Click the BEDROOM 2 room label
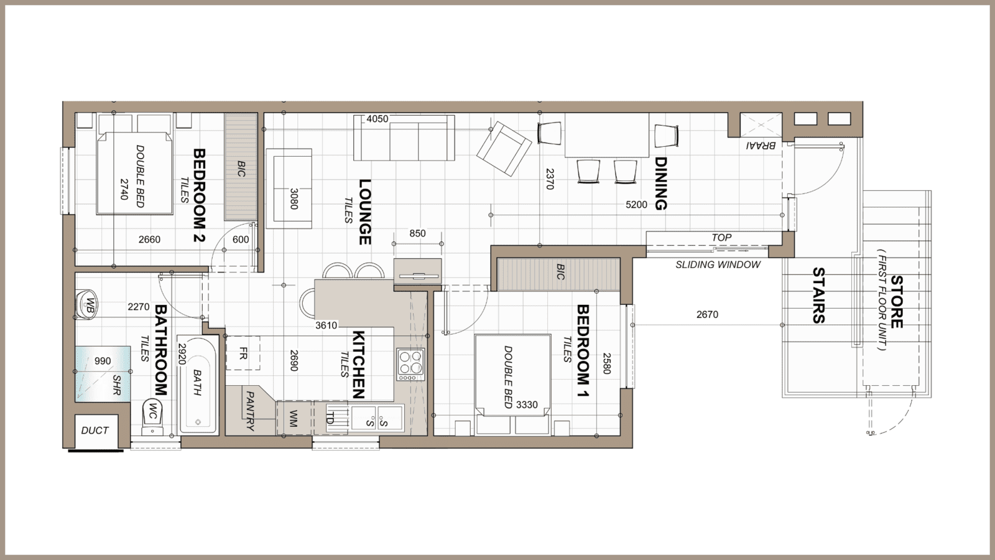(x=199, y=196)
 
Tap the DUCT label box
(x=95, y=431)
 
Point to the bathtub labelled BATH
(x=198, y=386)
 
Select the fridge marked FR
(x=243, y=353)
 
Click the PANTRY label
(x=250, y=411)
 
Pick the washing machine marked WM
(x=294, y=418)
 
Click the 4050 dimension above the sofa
(x=377, y=119)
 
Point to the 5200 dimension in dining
(x=636, y=204)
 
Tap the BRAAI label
(x=760, y=146)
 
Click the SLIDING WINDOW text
(x=718, y=264)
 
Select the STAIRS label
(x=818, y=295)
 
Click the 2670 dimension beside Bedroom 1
(x=707, y=315)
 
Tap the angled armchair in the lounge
(x=504, y=149)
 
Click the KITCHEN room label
(x=359, y=364)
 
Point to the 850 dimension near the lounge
(x=417, y=233)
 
